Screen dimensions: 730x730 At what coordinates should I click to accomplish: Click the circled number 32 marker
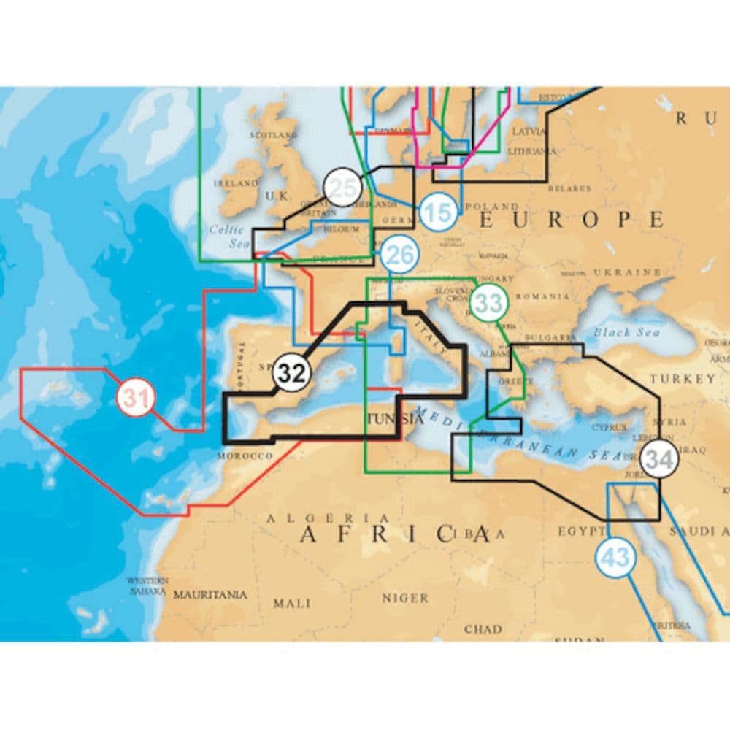pyautogui.click(x=292, y=373)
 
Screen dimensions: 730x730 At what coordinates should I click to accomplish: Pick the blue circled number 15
pyautogui.click(x=438, y=213)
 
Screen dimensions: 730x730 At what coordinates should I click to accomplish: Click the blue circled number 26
pyautogui.click(x=399, y=255)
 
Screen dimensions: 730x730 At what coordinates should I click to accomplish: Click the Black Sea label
pyautogui.click(x=626, y=332)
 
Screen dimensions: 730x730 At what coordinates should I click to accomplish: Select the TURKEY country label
pyautogui.click(x=683, y=379)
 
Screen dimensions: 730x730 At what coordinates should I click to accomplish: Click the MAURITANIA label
pyautogui.click(x=210, y=595)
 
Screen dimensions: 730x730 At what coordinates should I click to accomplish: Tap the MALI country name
pyautogui.click(x=291, y=603)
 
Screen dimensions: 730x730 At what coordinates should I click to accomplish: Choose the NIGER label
pyautogui.click(x=405, y=598)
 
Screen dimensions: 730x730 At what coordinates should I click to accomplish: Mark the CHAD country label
pyautogui.click(x=483, y=629)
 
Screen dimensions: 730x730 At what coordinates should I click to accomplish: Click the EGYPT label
pyautogui.click(x=580, y=531)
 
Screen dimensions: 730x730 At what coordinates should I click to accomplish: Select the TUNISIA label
pyautogui.click(x=394, y=420)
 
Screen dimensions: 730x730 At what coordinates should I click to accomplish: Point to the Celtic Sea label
pyautogui.click(x=226, y=235)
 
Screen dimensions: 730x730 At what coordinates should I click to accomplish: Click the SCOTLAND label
pyautogui.click(x=273, y=135)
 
